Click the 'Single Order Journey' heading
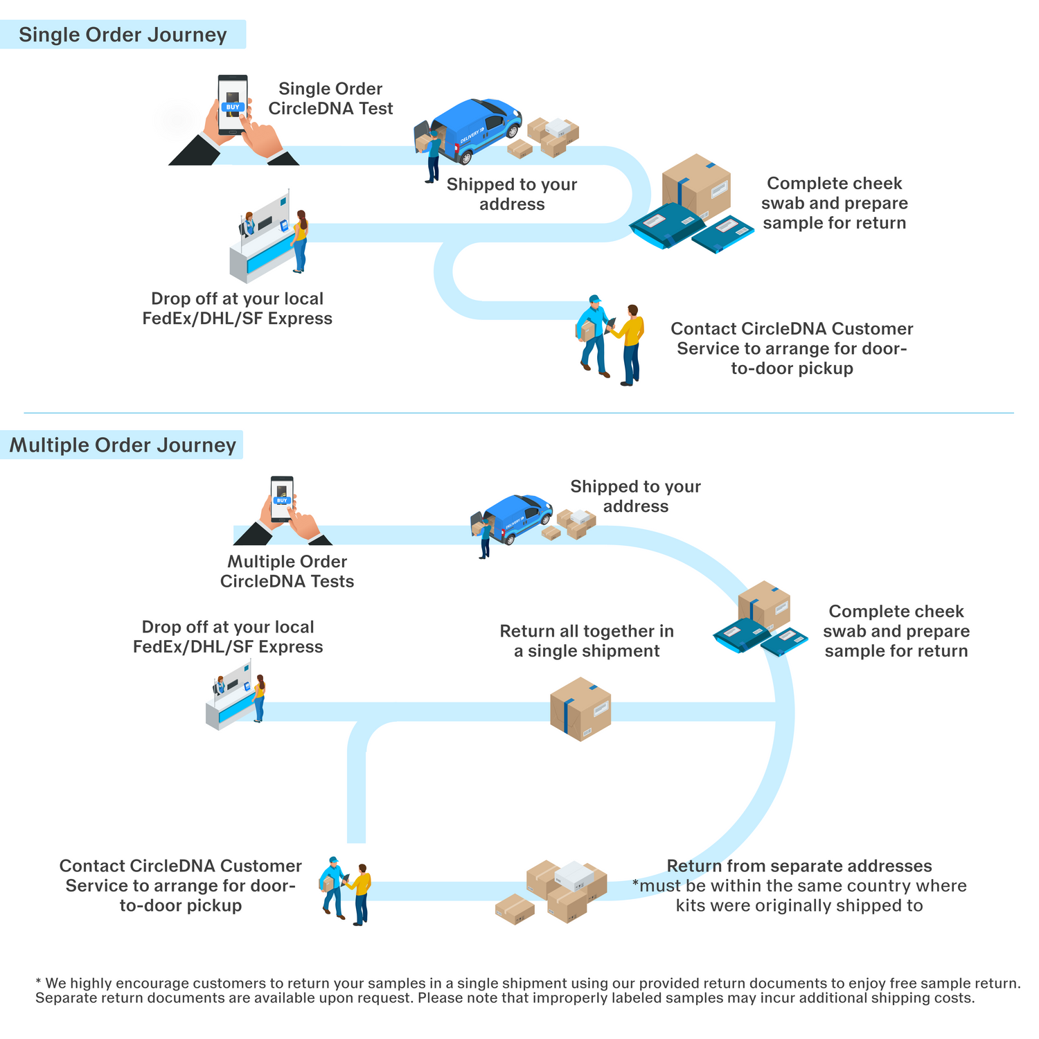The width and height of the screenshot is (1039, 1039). click(123, 35)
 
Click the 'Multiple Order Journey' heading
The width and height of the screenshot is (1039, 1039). click(123, 445)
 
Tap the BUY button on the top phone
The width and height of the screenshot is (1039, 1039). click(233, 107)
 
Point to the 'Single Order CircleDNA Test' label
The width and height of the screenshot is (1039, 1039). click(330, 98)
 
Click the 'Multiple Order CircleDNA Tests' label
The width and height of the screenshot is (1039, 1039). click(287, 571)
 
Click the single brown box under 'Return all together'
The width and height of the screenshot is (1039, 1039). click(580, 709)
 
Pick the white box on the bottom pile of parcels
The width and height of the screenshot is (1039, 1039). click(575, 876)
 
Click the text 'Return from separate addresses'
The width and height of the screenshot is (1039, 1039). click(799, 866)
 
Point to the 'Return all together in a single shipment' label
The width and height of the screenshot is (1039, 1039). click(587, 641)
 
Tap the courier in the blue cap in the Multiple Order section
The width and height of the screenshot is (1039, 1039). click(333, 887)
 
